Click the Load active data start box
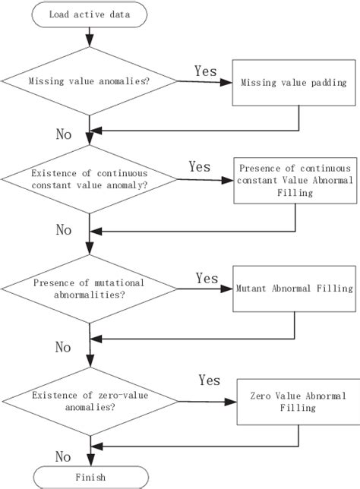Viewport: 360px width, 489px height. pos(90,14)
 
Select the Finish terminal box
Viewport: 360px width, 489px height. pos(90,477)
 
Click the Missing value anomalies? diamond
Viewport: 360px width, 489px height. pos(90,82)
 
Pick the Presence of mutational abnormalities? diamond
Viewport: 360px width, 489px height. pos(90,289)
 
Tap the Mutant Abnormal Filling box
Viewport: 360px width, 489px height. pos(293,289)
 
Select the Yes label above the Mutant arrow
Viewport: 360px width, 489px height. pos(207,277)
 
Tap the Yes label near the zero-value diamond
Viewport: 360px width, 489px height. pos(210,379)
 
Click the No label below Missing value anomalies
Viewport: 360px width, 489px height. pos(65,134)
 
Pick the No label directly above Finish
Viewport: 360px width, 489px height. pos(65,456)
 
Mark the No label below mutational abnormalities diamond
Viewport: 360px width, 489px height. pos(65,347)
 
